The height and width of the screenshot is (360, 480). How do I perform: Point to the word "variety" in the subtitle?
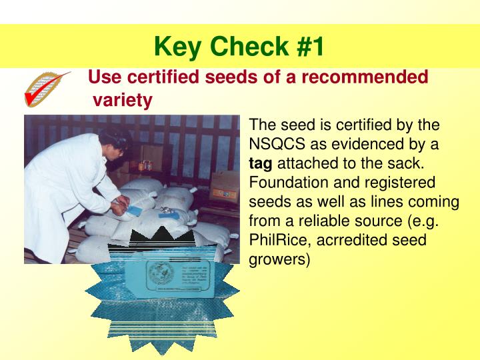123,100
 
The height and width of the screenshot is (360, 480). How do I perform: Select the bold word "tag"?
260,163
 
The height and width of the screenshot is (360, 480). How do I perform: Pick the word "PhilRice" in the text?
275,240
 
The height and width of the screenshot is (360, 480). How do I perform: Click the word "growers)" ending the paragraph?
279,259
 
